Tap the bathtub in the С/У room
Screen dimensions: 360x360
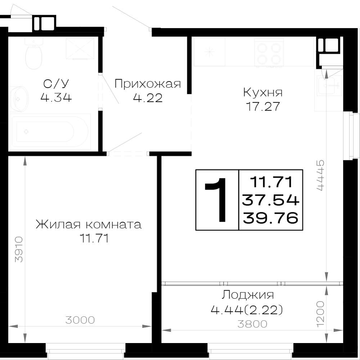(x=50, y=132)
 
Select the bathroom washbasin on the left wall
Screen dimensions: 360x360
(x=18, y=99)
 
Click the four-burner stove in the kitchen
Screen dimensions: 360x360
(x=269, y=53)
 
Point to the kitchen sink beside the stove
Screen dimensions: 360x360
(x=210, y=52)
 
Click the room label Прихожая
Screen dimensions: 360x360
(x=148, y=84)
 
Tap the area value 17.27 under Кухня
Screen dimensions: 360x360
(x=263, y=106)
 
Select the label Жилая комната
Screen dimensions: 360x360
(x=89, y=225)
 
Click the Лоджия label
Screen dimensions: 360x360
(x=248, y=295)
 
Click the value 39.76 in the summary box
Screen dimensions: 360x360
(x=271, y=218)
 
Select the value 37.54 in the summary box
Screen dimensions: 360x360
(x=271, y=200)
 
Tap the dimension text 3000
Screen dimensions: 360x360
(x=80, y=320)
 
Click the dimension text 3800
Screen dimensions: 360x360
(x=252, y=324)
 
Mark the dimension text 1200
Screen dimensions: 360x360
(x=320, y=314)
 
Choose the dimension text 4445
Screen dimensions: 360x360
(x=320, y=175)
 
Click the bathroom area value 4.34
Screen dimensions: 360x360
(x=56, y=98)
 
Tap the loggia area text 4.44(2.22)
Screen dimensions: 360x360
(x=247, y=310)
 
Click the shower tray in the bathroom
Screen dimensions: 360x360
(x=80, y=49)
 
